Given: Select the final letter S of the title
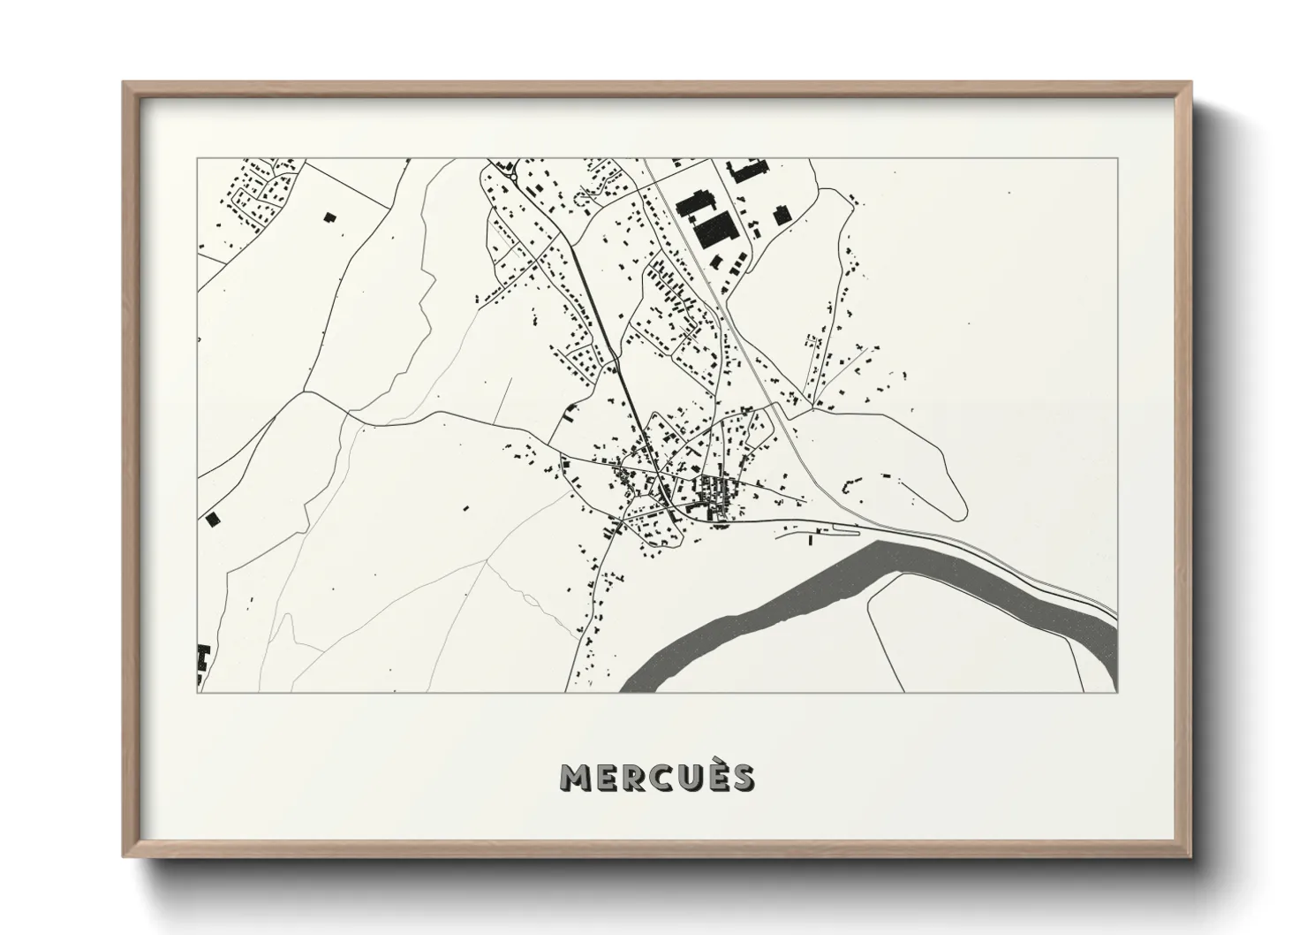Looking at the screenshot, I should pos(743,777).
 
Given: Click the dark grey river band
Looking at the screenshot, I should pos(795,601).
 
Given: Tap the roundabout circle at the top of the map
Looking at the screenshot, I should pos(511,176).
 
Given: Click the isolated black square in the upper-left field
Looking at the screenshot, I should pos(330,217).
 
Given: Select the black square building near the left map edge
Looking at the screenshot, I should pos(211,519).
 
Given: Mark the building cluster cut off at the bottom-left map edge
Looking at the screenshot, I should pos(202,661).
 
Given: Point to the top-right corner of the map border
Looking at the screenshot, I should pos(1117,159).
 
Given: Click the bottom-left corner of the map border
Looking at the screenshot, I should pos(198,692).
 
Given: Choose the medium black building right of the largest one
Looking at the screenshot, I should pos(780,216).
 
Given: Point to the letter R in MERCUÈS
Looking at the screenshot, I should pos(628,777).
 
